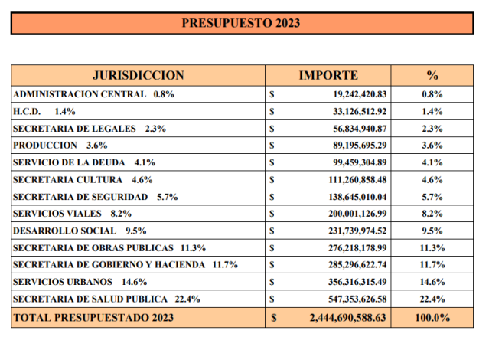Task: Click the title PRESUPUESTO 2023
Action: click(241, 23)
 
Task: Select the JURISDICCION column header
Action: click(139, 76)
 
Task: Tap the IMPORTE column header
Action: click(328, 76)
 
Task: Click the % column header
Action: click(432, 76)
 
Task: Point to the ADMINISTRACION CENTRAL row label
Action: click(80, 94)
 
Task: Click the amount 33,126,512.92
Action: click(360, 112)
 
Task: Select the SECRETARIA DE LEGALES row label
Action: click(74, 129)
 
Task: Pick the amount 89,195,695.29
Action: click(360, 146)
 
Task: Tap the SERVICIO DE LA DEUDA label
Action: click(69, 162)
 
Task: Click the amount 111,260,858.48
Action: click(357, 180)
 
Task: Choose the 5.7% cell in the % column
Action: click(432, 197)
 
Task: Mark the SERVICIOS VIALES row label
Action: click(57, 214)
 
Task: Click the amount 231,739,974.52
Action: click(357, 231)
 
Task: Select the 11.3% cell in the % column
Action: click(432, 248)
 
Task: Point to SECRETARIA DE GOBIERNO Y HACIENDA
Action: click(109, 265)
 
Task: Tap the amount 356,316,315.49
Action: click(357, 282)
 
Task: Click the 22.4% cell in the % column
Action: click(432, 299)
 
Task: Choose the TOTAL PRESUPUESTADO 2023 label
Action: click(93, 318)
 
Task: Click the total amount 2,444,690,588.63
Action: click(347, 318)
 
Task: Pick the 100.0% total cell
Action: click(432, 318)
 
